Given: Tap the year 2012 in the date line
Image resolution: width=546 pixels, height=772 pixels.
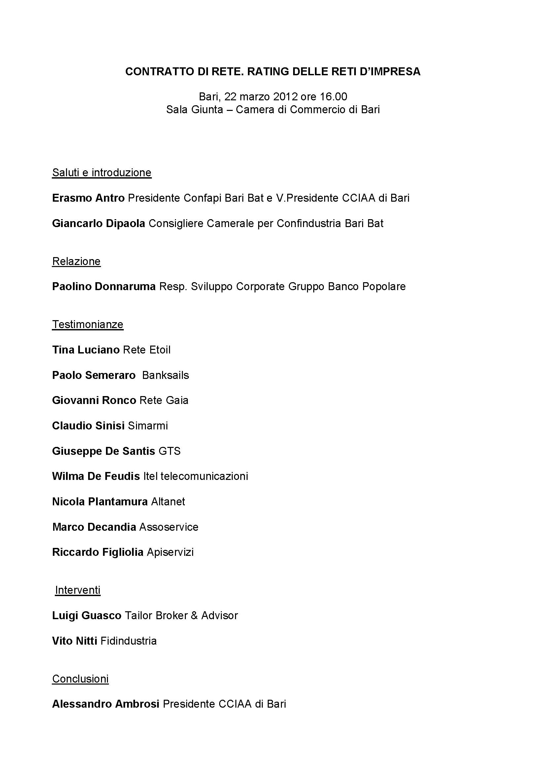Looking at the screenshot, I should (285, 97).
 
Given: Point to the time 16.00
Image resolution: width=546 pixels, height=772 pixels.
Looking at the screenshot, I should (333, 97).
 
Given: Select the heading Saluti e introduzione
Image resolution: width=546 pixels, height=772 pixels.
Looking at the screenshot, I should (102, 173).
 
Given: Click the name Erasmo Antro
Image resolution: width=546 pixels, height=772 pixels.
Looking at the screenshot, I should (88, 198).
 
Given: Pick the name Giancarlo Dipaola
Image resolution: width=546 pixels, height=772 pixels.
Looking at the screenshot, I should (98, 223).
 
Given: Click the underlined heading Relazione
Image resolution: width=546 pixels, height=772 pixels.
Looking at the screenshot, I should (76, 261).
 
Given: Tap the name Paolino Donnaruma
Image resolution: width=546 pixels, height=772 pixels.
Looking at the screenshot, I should (104, 286).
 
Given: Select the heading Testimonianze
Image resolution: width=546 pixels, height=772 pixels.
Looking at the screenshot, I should (88, 324).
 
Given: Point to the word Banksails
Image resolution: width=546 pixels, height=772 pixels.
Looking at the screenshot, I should (165, 375).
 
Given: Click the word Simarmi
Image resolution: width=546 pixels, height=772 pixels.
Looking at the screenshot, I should (148, 426).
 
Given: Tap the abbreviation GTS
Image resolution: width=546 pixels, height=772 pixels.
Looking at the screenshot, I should (169, 451).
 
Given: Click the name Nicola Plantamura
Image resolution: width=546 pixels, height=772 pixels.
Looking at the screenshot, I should (100, 502).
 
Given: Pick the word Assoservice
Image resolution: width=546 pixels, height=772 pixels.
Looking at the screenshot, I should (169, 527).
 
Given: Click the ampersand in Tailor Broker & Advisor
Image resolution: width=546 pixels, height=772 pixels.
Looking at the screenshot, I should (194, 616).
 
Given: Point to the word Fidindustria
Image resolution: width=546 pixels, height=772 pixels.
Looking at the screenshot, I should (128, 641).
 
